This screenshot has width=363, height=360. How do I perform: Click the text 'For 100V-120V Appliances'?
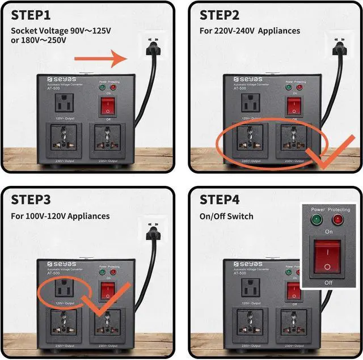(x=60, y=216)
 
